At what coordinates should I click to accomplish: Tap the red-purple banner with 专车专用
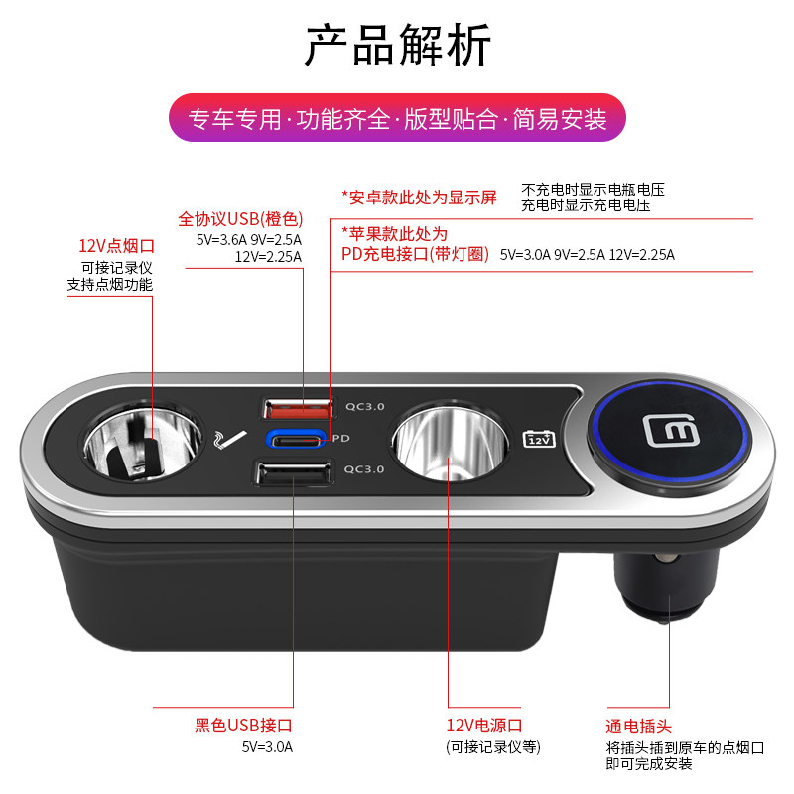pos(397,120)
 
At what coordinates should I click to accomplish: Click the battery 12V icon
pos(538,438)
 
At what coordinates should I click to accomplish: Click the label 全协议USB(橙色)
pos(240,218)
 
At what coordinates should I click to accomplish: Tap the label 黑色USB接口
pos(243,727)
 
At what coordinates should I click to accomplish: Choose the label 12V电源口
pos(484,727)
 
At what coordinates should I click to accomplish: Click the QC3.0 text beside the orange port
pos(364,405)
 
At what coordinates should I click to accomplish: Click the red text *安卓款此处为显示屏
pos(419,197)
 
